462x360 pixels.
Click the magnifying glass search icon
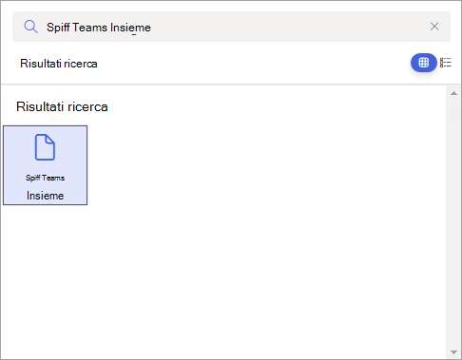point(30,27)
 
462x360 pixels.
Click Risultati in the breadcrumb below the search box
point(41,64)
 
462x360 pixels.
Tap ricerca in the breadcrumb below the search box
point(81,64)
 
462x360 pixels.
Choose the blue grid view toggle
point(423,63)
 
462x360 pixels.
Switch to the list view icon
point(446,63)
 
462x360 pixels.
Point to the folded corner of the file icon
point(50,139)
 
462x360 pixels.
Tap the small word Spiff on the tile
point(33,178)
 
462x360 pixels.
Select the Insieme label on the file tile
point(46,195)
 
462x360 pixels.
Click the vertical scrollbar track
point(453,223)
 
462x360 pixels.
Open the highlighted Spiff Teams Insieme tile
point(46,165)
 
